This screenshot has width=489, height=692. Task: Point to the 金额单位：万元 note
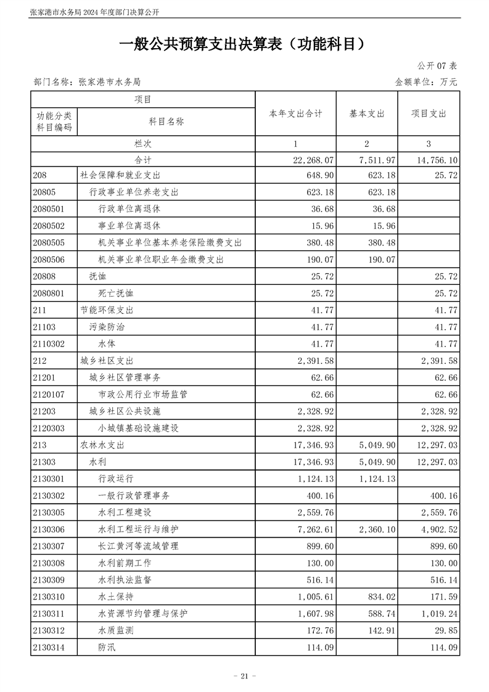click(x=426, y=81)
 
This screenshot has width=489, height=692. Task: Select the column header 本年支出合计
click(x=295, y=114)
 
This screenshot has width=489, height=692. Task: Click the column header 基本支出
click(x=367, y=114)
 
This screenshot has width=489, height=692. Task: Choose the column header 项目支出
click(x=429, y=114)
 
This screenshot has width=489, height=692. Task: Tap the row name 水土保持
click(x=115, y=597)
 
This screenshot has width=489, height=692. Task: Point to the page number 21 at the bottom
click(x=244, y=676)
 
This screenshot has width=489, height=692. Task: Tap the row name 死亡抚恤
click(x=115, y=294)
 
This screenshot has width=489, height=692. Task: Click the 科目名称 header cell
click(x=166, y=122)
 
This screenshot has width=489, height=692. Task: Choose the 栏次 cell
click(x=143, y=144)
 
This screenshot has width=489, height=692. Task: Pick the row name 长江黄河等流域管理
click(x=137, y=546)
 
